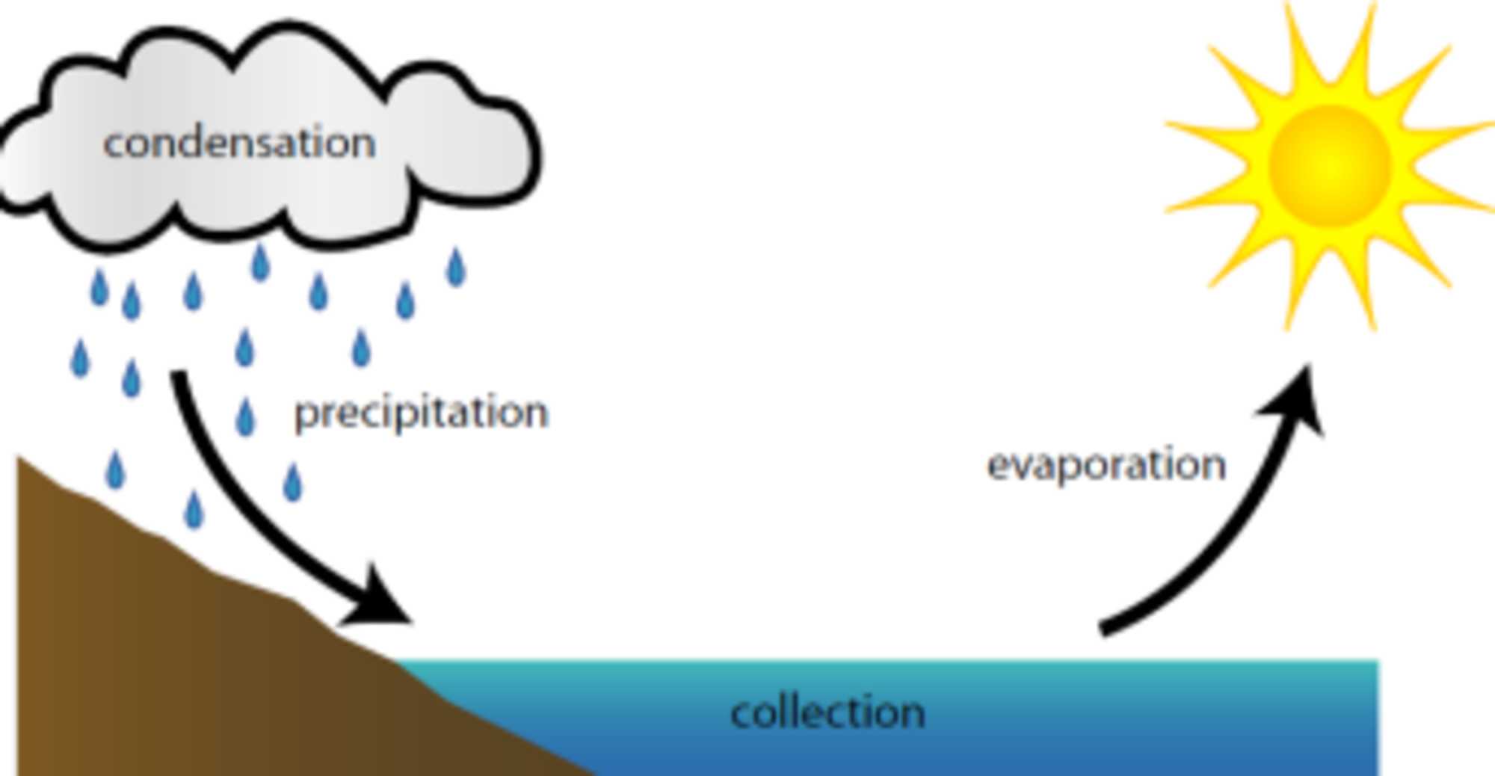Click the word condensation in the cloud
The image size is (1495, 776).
pos(239,143)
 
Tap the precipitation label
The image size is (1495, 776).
pos(422,413)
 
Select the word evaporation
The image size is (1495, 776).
pos(1106,466)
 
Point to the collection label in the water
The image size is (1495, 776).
pos(827,712)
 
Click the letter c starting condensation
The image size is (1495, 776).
pos(113,144)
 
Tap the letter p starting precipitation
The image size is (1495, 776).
pos(304,416)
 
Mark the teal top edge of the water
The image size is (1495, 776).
pos(897,664)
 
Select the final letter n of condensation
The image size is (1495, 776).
pos(365,144)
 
